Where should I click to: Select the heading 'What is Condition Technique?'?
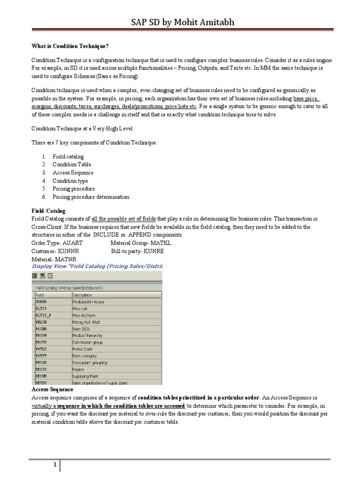click(x=73, y=45)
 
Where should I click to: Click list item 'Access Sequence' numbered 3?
click(x=73, y=172)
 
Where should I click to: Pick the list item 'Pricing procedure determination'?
click(x=90, y=197)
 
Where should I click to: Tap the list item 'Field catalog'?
click(x=68, y=157)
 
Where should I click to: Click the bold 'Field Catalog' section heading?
click(x=48, y=211)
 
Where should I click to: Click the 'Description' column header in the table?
click(x=82, y=295)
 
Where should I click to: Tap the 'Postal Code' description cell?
click(x=82, y=349)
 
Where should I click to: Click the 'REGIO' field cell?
click(x=41, y=369)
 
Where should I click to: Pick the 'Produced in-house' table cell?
click(x=88, y=302)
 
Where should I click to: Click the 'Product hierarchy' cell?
click(x=87, y=336)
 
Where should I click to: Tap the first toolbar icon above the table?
click(x=35, y=276)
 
